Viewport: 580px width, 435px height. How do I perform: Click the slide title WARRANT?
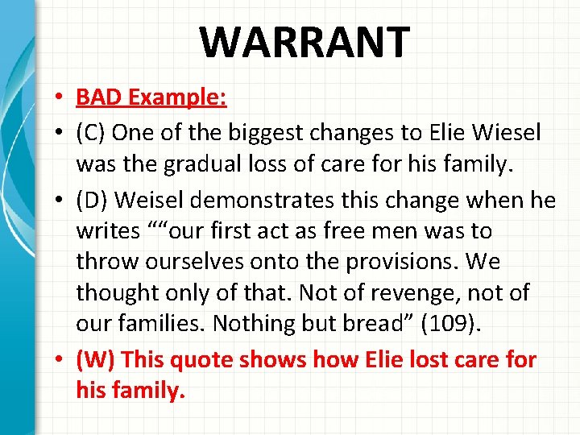tap(304, 43)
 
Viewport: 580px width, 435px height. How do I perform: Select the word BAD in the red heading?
tap(97, 98)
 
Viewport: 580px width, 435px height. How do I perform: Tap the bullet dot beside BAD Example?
tap(62, 99)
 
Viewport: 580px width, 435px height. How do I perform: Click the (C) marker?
tap(91, 133)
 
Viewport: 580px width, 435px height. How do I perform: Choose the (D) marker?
tap(92, 200)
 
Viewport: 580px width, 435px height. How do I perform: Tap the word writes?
tap(108, 231)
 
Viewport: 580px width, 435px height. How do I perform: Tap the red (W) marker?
tap(94, 358)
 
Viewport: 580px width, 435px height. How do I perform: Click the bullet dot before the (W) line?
tap(62, 359)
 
